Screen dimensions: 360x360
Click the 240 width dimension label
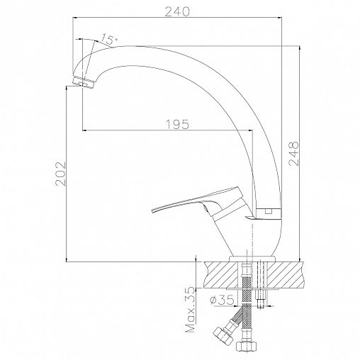[x=177, y=11]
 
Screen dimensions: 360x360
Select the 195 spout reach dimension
[x=178, y=124]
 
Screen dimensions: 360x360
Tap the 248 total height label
[x=294, y=154]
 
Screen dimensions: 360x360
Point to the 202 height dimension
[x=60, y=174]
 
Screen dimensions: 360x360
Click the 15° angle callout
[x=109, y=39]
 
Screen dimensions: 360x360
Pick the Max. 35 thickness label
[x=191, y=310]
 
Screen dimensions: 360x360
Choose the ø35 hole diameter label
[x=222, y=300]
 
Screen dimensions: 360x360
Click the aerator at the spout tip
[x=83, y=82]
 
